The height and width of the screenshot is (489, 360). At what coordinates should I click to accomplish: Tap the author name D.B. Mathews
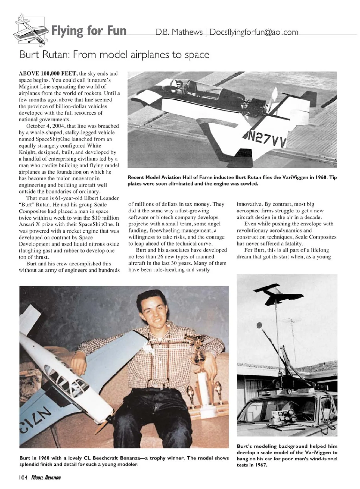[179, 32]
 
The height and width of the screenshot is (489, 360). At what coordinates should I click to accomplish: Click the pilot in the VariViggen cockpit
[179, 86]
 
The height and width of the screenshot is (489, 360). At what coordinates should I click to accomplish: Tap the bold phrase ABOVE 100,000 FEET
[48, 73]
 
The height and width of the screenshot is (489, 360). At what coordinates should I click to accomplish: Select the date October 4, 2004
[45, 126]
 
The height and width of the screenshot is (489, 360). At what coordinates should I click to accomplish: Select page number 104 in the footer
[23, 478]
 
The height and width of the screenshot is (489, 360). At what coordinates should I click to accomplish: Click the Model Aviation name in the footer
[46, 478]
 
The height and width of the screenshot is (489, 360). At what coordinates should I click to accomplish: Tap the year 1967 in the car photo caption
[260, 465]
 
